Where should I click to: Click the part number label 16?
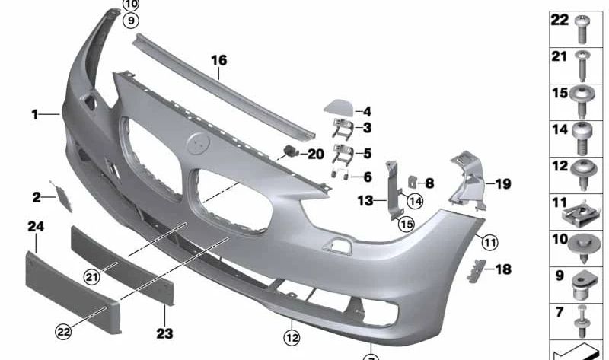click(x=218, y=59)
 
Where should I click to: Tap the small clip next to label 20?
click(x=291, y=150)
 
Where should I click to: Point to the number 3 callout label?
click(x=367, y=129)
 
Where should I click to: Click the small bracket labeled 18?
click(x=476, y=268)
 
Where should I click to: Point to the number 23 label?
click(x=164, y=333)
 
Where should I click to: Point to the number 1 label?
click(x=34, y=114)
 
